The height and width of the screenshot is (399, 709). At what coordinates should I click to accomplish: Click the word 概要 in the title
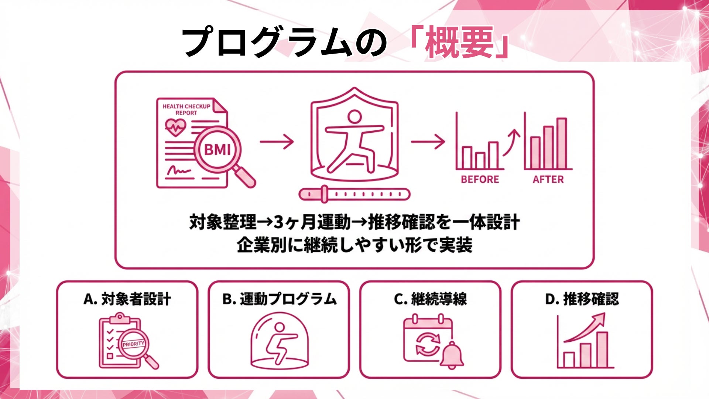coord(459,42)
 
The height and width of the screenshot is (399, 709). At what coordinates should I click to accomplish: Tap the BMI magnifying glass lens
coord(218,149)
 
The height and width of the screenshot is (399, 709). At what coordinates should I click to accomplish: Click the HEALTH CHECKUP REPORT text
coord(186,109)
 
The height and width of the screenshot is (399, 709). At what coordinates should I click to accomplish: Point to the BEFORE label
coord(480,180)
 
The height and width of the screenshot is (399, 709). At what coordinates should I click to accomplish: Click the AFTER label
coord(548,180)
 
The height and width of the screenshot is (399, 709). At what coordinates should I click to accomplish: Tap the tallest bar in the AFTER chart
coord(562,143)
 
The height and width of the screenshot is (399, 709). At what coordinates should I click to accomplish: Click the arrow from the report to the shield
coord(277,141)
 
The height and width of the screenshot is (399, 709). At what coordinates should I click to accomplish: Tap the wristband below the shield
coord(354,194)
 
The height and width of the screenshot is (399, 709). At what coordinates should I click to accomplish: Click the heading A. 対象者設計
coord(127,299)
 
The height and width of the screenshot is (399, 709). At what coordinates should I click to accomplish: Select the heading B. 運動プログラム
coord(279,299)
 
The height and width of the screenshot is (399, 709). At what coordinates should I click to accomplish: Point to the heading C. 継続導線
coord(430,299)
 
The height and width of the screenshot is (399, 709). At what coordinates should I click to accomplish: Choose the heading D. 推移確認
coord(582,299)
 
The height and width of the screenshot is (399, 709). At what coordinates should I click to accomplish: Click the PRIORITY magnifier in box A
coord(134,344)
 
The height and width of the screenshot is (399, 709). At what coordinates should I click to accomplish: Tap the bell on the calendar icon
coord(452,355)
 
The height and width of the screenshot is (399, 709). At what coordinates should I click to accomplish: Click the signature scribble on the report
coord(178,171)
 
